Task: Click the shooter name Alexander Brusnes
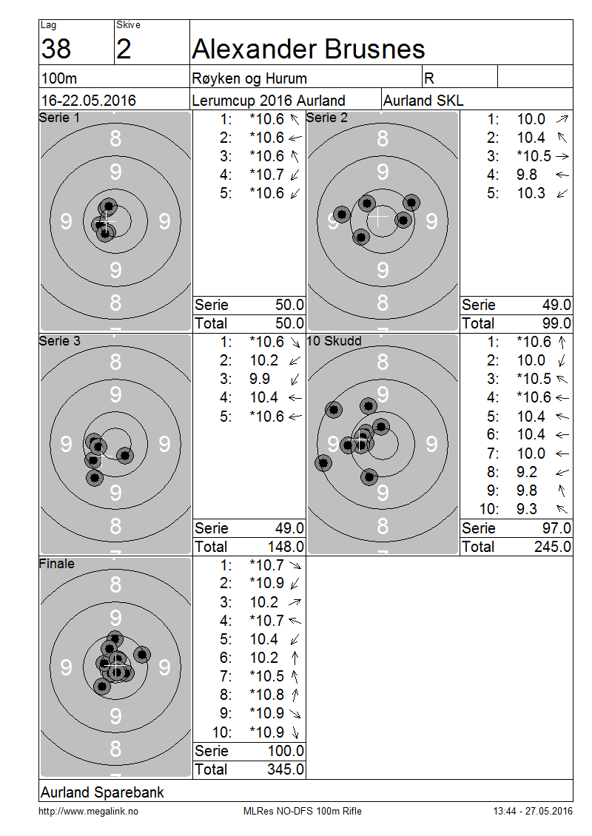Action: [x=309, y=49]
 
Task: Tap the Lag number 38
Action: [x=56, y=49]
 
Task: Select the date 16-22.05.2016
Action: [x=89, y=100]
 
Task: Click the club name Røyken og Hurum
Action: [x=249, y=78]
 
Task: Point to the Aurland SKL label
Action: [x=423, y=100]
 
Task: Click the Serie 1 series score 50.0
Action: [x=289, y=305]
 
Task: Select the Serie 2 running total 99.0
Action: [x=556, y=323]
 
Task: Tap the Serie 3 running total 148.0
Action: [x=286, y=547]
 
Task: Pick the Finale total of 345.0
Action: [x=286, y=769]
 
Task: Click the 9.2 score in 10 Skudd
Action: [x=526, y=472]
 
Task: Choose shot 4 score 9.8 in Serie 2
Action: [x=526, y=175]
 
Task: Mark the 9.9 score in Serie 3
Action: [x=260, y=379]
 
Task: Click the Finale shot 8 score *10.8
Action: [x=266, y=695]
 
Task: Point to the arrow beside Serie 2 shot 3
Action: [x=562, y=157]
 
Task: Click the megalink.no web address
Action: [x=88, y=812]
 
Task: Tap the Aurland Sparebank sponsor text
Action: [x=102, y=792]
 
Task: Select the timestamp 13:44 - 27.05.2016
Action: [x=532, y=811]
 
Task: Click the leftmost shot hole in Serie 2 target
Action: [x=342, y=215]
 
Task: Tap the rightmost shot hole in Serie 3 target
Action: [x=125, y=456]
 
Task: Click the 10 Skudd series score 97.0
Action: [x=556, y=528]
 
